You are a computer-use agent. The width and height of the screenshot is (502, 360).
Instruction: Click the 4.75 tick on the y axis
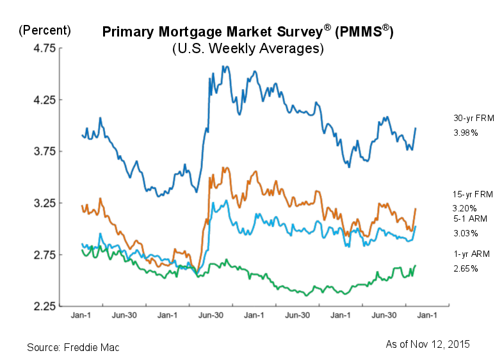[37, 48]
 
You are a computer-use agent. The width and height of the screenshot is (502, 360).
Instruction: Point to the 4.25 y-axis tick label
[37, 100]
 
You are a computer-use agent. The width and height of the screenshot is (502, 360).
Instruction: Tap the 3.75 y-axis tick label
[37, 152]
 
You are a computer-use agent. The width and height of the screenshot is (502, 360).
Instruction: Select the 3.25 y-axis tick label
[37, 203]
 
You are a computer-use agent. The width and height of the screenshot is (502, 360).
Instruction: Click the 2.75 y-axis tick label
[37, 255]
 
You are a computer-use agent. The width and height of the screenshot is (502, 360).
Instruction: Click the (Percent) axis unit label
[44, 30]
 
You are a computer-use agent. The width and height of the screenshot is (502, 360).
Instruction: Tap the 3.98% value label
[466, 133]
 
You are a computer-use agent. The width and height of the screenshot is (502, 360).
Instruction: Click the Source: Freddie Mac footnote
[73, 347]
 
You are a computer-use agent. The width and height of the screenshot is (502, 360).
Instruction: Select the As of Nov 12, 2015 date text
[427, 344]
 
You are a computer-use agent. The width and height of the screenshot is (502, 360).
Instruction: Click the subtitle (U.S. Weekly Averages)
[248, 49]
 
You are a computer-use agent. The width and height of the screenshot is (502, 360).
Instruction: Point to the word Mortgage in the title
[191, 32]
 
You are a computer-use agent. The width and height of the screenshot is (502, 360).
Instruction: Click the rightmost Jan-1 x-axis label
[427, 315]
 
